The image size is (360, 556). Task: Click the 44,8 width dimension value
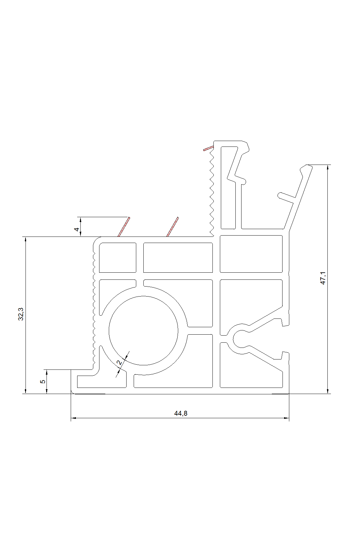(x=181, y=413)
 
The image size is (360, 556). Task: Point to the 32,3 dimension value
(x=21, y=314)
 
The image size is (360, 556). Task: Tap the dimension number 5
(x=42, y=381)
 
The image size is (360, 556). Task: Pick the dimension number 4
(x=77, y=229)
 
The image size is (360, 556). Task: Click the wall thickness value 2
(x=120, y=362)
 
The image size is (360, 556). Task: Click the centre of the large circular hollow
(x=144, y=331)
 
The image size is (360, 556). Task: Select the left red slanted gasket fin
(x=124, y=227)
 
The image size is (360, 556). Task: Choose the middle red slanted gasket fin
(x=172, y=227)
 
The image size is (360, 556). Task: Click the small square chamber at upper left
(x=118, y=258)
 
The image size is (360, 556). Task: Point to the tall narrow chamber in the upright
(x=228, y=187)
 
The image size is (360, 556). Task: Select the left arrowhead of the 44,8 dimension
(x=73, y=418)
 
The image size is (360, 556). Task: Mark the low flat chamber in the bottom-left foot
(x=101, y=381)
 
